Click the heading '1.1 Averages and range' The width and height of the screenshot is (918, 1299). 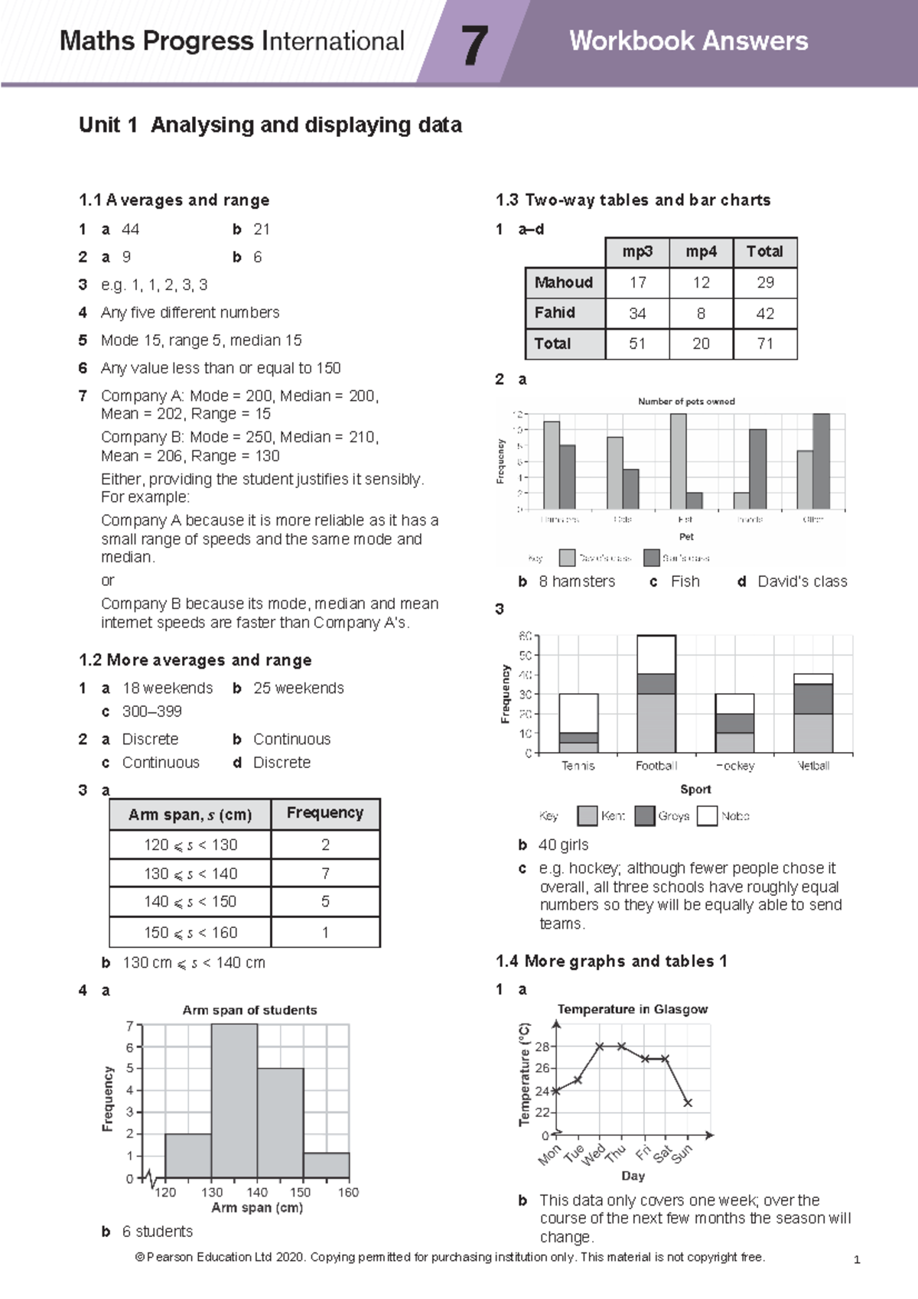click(x=174, y=200)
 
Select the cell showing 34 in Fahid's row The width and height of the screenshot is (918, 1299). click(x=636, y=314)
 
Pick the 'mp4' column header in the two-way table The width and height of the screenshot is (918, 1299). click(x=701, y=252)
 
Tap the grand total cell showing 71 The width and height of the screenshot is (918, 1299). click(x=764, y=344)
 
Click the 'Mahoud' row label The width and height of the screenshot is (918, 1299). click(x=564, y=282)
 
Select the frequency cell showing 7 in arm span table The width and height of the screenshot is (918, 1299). click(x=325, y=874)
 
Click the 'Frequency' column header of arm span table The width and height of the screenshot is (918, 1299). click(x=325, y=813)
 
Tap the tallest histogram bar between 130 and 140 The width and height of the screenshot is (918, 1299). click(x=234, y=1102)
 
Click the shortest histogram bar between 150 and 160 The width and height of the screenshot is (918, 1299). click(x=326, y=1165)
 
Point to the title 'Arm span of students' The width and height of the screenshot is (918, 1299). click(x=249, y=1010)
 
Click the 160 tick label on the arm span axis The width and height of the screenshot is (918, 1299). click(x=348, y=1192)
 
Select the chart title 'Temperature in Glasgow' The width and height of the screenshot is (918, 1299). click(x=632, y=1009)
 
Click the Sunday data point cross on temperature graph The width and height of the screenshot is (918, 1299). click(x=688, y=1102)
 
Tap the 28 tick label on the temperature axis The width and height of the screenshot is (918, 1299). click(x=542, y=1046)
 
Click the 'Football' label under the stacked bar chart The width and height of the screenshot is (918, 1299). click(x=656, y=766)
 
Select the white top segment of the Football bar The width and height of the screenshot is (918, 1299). click(x=656, y=654)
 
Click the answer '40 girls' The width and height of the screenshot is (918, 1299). click(x=563, y=845)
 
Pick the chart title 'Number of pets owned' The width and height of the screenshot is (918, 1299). click(x=686, y=401)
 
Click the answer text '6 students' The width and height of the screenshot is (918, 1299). click(x=158, y=1232)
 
